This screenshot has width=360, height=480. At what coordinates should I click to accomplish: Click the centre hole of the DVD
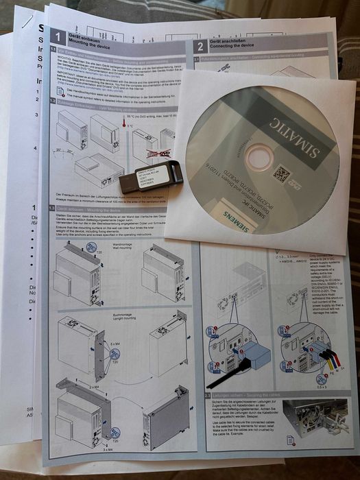click(259, 158)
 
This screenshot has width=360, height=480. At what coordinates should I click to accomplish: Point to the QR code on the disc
click(281, 173)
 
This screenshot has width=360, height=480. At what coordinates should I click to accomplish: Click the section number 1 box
click(58, 38)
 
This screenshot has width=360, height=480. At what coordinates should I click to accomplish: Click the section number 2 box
click(200, 46)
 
